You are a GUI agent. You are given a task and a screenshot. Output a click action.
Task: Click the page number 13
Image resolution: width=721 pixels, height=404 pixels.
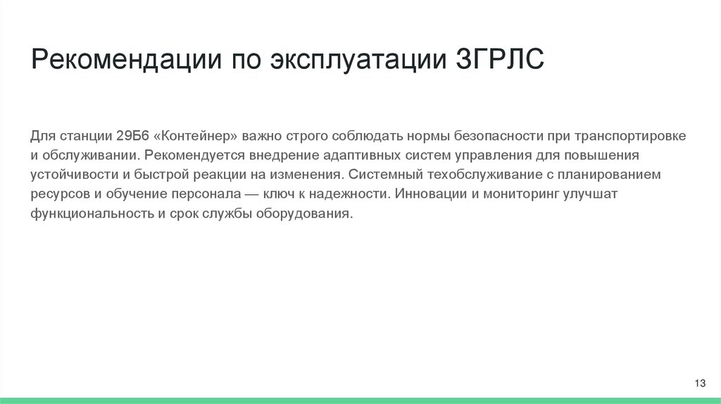coord(699,383)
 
